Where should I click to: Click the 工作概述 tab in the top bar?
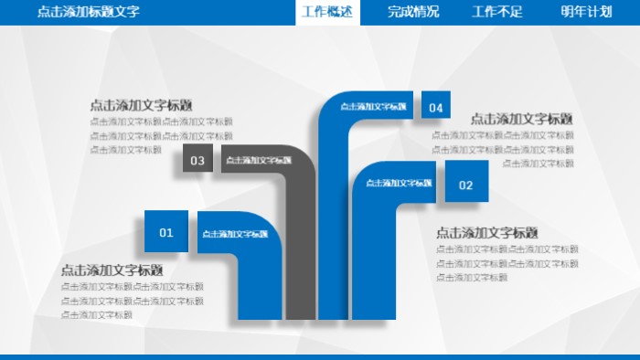tap(326, 12)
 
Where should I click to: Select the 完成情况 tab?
tap(413, 12)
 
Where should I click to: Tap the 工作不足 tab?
tap(497, 12)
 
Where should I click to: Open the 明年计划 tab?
tap(586, 12)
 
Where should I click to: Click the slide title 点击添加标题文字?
tap(89, 12)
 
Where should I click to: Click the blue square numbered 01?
tap(166, 232)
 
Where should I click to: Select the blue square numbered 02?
tap(466, 185)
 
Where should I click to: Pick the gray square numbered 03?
tap(197, 161)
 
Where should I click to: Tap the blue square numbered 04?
tap(436, 108)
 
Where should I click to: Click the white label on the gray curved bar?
tap(259, 161)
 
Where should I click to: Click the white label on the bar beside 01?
tap(235, 234)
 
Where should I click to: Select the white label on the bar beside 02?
tap(400, 184)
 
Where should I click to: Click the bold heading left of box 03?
tap(141, 105)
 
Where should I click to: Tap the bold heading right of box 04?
tap(521, 119)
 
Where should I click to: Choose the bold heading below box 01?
tap(112, 270)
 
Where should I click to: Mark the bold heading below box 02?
tap(486, 233)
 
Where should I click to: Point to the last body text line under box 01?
tap(97, 315)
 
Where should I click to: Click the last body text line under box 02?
tap(472, 278)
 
